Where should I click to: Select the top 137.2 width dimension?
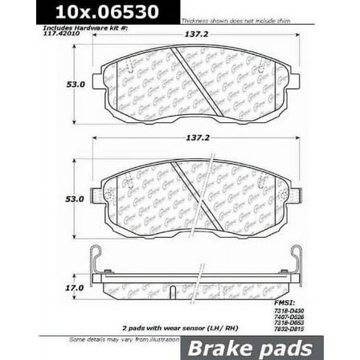coord(197,35)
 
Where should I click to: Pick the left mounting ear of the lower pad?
coord(99,195)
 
